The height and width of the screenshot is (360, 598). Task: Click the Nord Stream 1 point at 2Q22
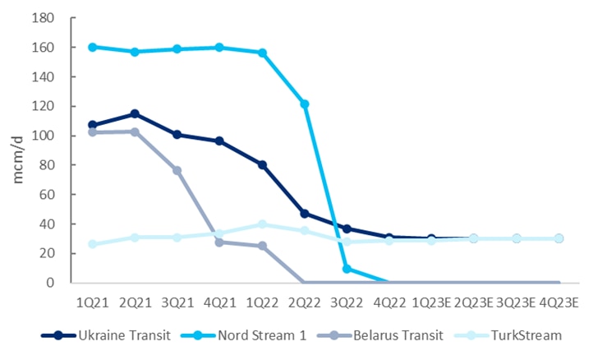coord(304,104)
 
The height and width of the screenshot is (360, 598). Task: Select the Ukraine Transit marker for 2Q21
coord(135,113)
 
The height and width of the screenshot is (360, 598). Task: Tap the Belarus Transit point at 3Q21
coord(177,170)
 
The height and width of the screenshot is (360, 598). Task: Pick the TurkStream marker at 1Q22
coord(262,224)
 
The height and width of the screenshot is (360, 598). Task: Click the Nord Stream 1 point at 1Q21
coord(93,47)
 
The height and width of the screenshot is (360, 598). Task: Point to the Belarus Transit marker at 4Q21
coord(220,242)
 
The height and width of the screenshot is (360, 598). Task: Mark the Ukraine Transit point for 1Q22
coord(262,165)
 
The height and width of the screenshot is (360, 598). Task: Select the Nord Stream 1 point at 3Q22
coord(347,269)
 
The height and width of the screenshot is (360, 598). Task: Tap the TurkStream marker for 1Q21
coord(93,244)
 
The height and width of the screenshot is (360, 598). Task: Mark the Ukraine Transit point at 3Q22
coord(347,228)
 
